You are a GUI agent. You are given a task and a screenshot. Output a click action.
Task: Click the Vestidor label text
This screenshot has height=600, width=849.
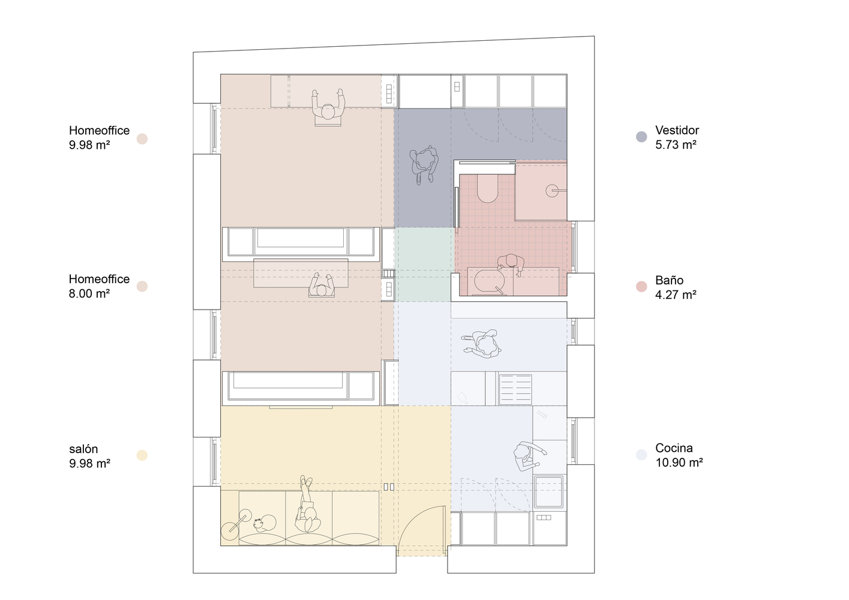[677, 130]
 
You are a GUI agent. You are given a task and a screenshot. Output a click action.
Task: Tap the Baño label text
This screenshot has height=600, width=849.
[670, 280]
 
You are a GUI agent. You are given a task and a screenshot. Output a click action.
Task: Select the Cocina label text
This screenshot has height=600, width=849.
[674, 448]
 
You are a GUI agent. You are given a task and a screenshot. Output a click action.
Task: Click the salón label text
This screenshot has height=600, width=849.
[83, 449]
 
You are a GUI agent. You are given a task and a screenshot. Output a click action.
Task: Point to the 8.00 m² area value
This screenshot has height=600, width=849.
[89, 293]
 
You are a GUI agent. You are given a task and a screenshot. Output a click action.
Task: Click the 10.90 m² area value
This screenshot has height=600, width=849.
[679, 463]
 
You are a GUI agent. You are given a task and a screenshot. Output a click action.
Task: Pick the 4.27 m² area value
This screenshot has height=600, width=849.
[676, 295]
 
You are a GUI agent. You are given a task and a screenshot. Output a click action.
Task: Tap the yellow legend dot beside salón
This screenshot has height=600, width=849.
[142, 455]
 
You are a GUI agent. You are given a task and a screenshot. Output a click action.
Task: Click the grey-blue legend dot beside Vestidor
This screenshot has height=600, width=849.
[641, 137]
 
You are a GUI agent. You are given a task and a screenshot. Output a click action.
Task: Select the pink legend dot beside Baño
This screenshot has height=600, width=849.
[641, 287]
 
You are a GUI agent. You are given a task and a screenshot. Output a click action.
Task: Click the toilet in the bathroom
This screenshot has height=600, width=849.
[487, 188]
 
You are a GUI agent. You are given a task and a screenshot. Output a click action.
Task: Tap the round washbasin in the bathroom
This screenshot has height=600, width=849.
[490, 281]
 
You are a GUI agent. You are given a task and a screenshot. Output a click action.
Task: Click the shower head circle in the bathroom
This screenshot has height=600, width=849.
[552, 191]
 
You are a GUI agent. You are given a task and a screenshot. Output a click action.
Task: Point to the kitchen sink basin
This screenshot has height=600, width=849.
[548, 491]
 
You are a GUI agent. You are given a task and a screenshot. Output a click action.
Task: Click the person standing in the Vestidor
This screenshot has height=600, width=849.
[424, 163]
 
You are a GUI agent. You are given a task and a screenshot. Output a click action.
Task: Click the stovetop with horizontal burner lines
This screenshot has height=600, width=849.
[515, 389]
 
